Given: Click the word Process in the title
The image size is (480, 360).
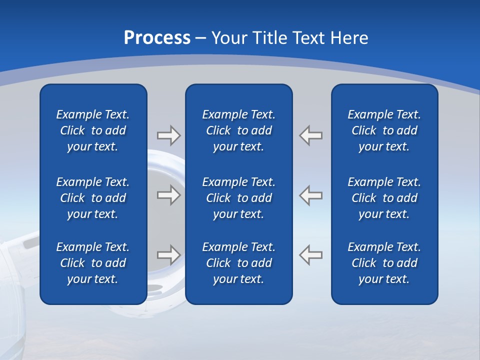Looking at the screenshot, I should (157, 38).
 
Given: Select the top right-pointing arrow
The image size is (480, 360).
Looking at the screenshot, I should (169, 135).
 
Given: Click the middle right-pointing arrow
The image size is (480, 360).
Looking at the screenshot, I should (169, 195).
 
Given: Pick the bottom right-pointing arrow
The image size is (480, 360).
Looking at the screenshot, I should (169, 255).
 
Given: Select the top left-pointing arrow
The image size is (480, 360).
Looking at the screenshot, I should (311, 135).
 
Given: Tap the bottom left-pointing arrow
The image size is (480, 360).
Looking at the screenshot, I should (311, 255).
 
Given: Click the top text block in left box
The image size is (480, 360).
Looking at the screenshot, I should (93, 130).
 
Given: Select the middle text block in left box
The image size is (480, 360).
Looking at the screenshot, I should (93, 198).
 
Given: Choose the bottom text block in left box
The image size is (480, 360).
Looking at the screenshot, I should (93, 263).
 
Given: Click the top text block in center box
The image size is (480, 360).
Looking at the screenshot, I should (239, 130).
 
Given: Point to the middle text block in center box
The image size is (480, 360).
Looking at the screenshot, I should (239, 198).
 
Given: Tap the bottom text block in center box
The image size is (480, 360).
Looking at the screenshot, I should (239, 263).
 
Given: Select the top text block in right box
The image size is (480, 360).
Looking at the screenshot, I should (384, 130).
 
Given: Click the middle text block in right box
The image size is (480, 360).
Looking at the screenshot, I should (384, 198).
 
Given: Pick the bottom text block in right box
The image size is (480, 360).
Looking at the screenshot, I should (384, 263).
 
